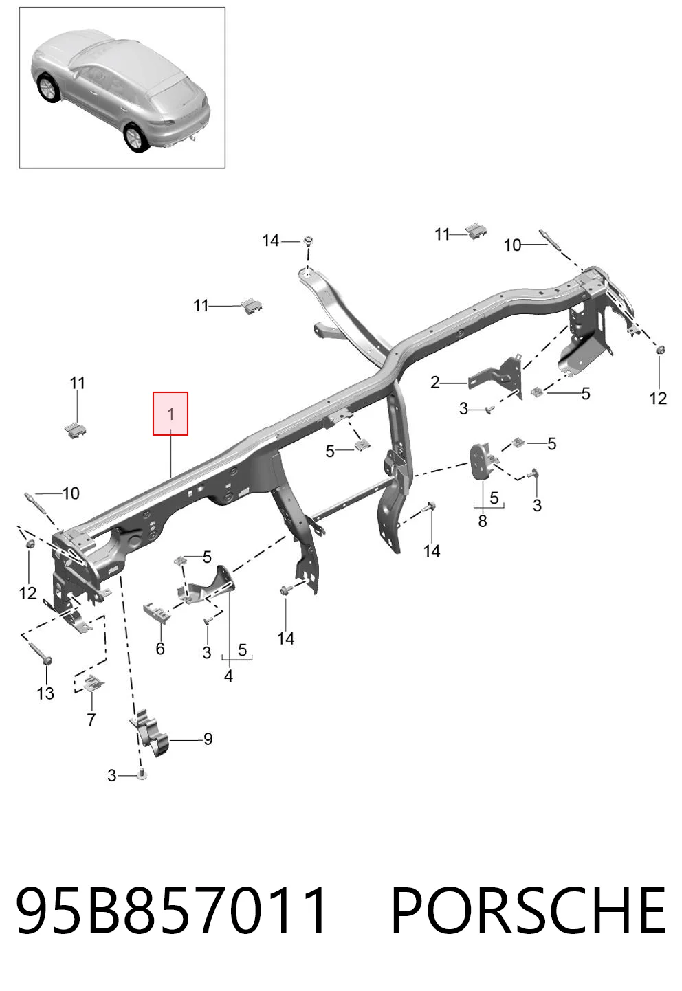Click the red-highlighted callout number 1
[170, 414]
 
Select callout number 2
[435, 382]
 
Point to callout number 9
[208, 739]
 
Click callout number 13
[45, 693]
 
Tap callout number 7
[91, 720]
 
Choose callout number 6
[160, 649]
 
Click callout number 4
[228, 676]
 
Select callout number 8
[483, 521]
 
